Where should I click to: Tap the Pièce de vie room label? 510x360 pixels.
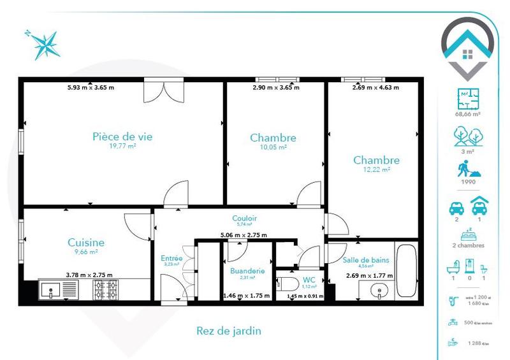tap(122, 136)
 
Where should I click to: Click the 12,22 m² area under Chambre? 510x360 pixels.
tap(376, 169)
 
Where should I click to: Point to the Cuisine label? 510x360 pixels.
tap(86, 243)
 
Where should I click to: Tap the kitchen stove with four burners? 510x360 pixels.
tap(106, 291)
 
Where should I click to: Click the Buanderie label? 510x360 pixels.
tap(247, 271)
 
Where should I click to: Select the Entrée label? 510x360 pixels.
tap(172, 258)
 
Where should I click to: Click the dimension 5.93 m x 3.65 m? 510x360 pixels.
tap(91, 87)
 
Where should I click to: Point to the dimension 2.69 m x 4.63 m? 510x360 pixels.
tap(375, 87)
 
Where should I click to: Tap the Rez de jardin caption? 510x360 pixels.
tap(229, 331)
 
